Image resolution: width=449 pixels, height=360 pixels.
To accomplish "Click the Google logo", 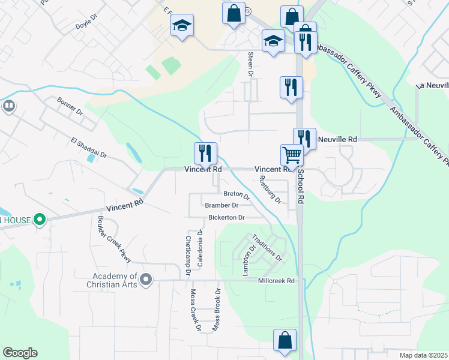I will point(20,353).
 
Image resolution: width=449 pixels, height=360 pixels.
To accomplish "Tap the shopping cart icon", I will point(292,155).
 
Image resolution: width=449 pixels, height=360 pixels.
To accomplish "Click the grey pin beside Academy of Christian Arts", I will point(145,279).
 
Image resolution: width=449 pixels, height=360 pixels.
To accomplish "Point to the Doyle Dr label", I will point(86,26).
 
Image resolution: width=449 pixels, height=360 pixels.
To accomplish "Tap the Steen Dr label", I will point(251,64).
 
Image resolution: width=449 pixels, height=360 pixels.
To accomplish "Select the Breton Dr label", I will point(236,194).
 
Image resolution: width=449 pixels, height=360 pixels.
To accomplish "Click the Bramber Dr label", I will point(221,205).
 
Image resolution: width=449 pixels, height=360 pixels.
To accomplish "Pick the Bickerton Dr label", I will point(226,217).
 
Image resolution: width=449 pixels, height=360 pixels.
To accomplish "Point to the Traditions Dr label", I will point(267,247).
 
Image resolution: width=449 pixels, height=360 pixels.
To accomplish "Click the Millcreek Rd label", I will point(276,281).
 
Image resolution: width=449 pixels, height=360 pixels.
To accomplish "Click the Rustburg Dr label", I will point(270,190).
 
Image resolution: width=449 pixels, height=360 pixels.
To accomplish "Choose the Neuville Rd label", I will point(337,139).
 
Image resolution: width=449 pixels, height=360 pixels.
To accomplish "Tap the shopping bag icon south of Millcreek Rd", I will point(285,340).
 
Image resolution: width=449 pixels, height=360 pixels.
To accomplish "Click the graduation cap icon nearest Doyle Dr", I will point(182,26).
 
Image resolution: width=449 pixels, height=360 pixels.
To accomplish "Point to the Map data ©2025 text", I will point(423,355).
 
